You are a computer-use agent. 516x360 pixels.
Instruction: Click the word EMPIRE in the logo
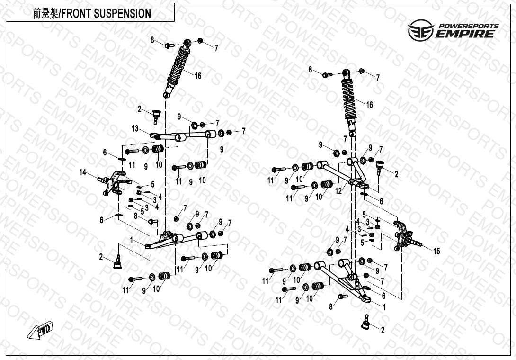pyautogui.click(x=466, y=34)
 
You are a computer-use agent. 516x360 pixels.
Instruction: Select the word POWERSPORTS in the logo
pyautogui.click(x=468, y=26)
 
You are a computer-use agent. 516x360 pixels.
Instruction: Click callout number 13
pyautogui.click(x=135, y=128)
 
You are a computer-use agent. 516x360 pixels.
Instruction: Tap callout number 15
pyautogui.click(x=436, y=251)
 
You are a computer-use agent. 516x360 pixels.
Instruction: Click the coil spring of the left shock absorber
pyautogui.click(x=178, y=65)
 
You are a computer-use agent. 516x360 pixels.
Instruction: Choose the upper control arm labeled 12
pyautogui.click(x=344, y=173)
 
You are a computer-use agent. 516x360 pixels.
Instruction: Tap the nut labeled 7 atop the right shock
pyautogui.click(x=362, y=71)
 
